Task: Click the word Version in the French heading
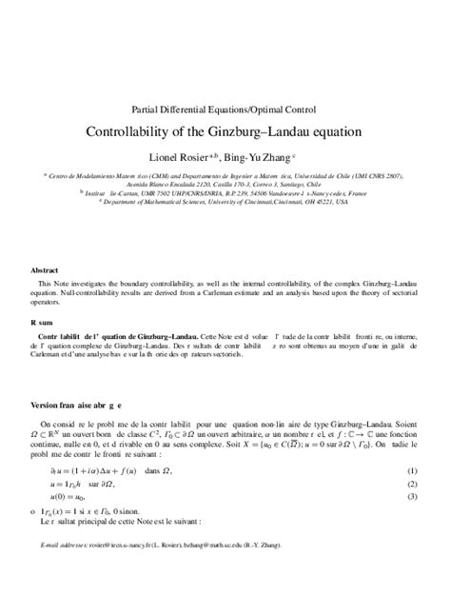click(49, 405)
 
